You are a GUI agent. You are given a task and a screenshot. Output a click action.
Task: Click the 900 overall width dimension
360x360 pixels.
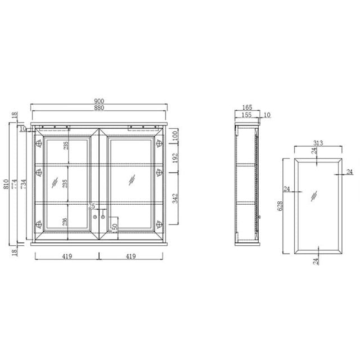99,101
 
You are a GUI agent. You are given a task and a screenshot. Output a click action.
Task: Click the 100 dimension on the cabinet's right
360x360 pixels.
175,136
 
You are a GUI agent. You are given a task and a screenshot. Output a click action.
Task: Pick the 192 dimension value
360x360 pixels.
175,158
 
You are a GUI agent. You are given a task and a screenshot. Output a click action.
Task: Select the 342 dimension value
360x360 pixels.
175,198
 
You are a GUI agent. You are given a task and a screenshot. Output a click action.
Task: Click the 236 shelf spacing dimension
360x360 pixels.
66,222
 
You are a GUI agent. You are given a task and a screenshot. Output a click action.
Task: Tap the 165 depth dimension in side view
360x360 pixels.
246,106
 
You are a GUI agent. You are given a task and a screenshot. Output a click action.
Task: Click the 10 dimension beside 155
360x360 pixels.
267,115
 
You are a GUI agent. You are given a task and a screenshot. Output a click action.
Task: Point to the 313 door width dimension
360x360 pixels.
318,143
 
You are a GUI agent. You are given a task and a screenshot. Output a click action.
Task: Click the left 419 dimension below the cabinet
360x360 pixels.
67,256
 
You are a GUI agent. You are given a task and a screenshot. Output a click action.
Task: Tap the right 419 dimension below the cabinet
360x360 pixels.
132,256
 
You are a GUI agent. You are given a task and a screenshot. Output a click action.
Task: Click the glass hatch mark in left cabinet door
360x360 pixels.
55,183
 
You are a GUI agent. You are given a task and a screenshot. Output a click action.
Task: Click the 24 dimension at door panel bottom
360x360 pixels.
316,261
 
